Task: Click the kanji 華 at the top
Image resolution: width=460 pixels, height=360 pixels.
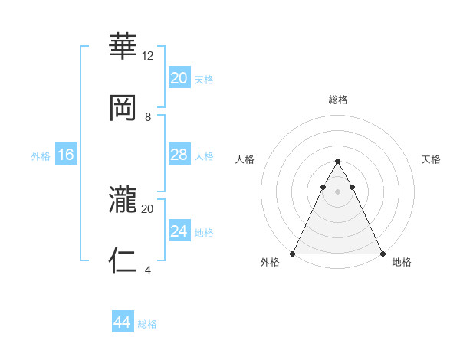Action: click(123, 45)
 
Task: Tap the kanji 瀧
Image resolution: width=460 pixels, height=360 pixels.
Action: click(123, 198)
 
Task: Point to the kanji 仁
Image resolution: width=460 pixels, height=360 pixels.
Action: click(123, 261)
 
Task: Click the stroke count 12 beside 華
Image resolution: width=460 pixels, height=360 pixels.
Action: click(148, 56)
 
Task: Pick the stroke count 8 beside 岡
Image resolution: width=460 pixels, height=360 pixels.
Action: click(148, 117)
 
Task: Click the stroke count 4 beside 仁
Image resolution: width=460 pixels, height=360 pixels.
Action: click(148, 270)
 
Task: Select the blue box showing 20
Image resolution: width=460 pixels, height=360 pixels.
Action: click(179, 78)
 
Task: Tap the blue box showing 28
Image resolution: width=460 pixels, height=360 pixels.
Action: click(179, 155)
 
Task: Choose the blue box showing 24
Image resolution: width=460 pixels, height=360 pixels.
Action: click(179, 231)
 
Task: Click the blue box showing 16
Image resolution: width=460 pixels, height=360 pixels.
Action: click(65, 155)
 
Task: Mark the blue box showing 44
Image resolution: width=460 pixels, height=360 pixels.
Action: click(122, 322)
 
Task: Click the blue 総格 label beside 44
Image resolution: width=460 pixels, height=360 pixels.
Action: click(147, 324)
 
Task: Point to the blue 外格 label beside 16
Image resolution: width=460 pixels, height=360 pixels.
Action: click(41, 156)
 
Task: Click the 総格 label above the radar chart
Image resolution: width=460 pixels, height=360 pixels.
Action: click(337, 100)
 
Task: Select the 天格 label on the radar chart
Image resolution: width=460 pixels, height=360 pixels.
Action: click(431, 159)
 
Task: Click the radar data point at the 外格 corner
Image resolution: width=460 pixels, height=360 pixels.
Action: click(294, 254)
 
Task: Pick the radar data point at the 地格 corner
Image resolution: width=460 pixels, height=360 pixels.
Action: click(382, 254)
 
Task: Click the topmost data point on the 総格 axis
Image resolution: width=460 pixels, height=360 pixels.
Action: click(337, 162)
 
